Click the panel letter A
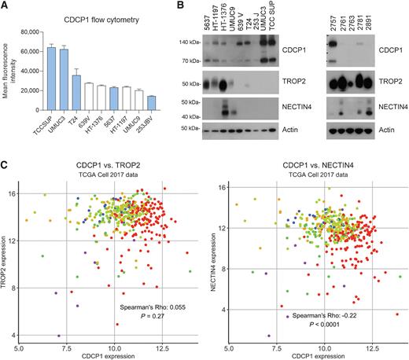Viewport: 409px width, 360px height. [6, 7]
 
